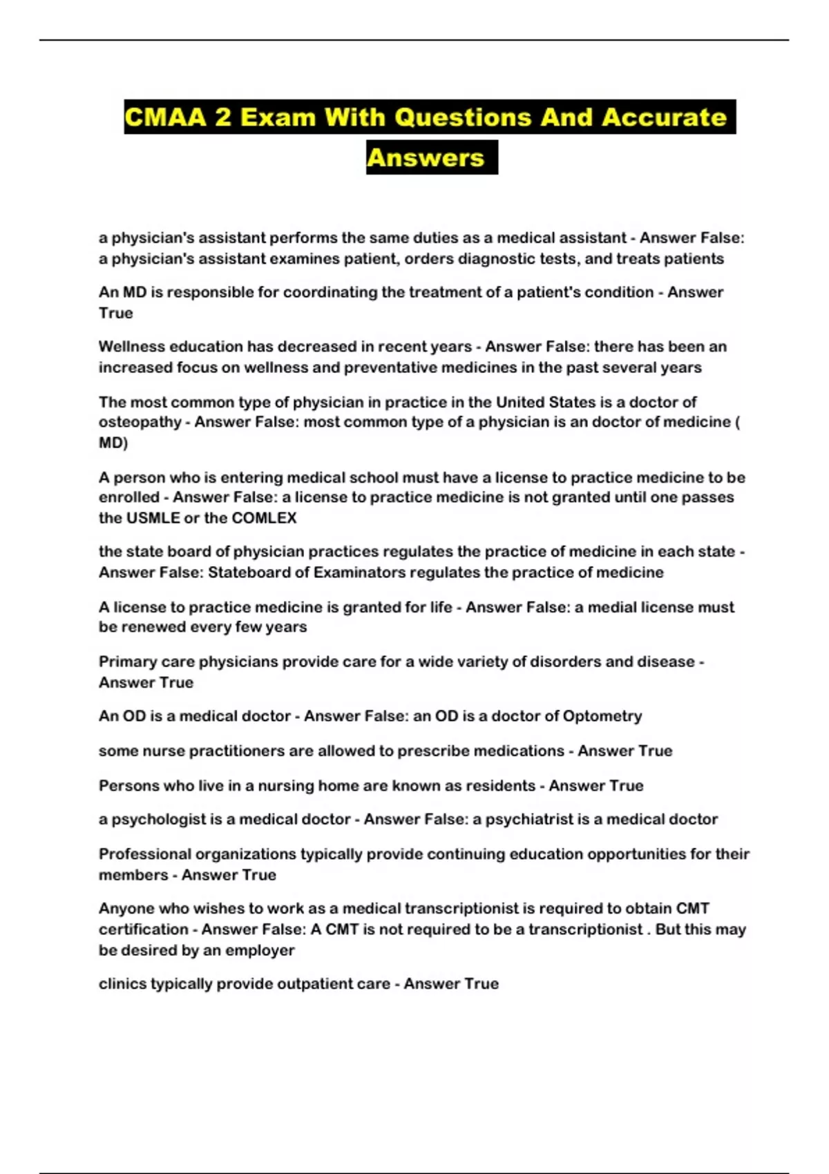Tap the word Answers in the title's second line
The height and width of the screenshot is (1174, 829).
point(426,158)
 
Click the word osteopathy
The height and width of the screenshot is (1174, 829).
point(140,422)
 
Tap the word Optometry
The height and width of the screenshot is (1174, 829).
point(602,716)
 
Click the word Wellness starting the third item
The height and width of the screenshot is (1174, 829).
point(132,347)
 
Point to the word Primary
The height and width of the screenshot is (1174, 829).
point(128,662)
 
